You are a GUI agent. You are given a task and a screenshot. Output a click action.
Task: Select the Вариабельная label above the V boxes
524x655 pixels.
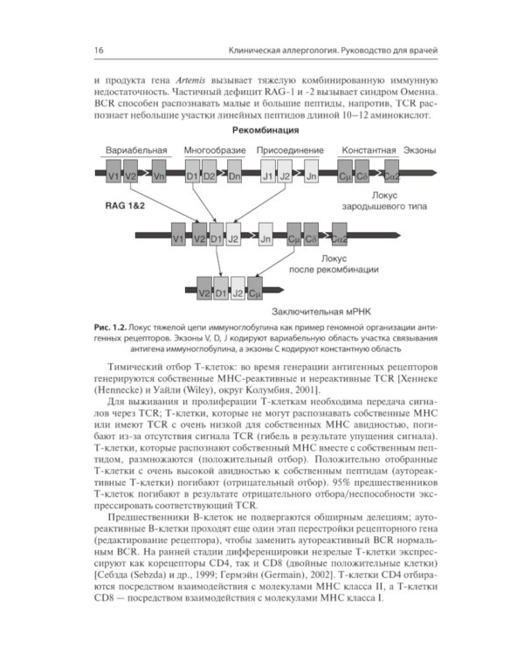(x=136, y=150)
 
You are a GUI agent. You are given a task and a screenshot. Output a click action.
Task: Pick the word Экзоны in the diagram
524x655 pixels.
(x=422, y=150)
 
